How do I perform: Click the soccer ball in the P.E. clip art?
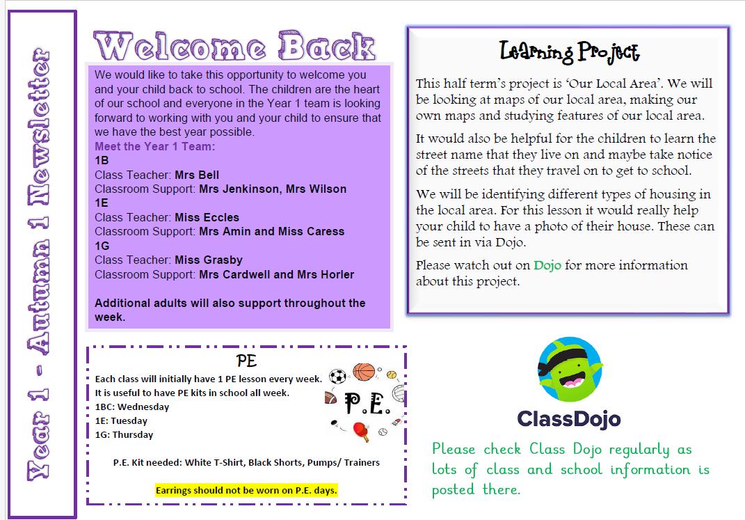coord(337,377)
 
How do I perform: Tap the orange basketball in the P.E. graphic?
coord(362,371)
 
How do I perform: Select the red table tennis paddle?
coord(362,434)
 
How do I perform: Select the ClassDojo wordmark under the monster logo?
coord(568,419)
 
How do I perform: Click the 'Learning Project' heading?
coord(569,52)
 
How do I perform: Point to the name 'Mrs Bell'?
coord(197,175)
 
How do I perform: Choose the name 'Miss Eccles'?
coord(207,217)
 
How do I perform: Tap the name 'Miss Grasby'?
coord(209,260)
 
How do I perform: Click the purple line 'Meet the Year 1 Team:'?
coord(155,146)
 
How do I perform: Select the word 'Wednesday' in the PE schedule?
coord(144,407)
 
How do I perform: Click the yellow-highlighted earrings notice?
coord(246,490)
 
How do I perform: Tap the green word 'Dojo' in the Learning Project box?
coord(547,265)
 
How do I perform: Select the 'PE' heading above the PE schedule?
coord(246,361)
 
